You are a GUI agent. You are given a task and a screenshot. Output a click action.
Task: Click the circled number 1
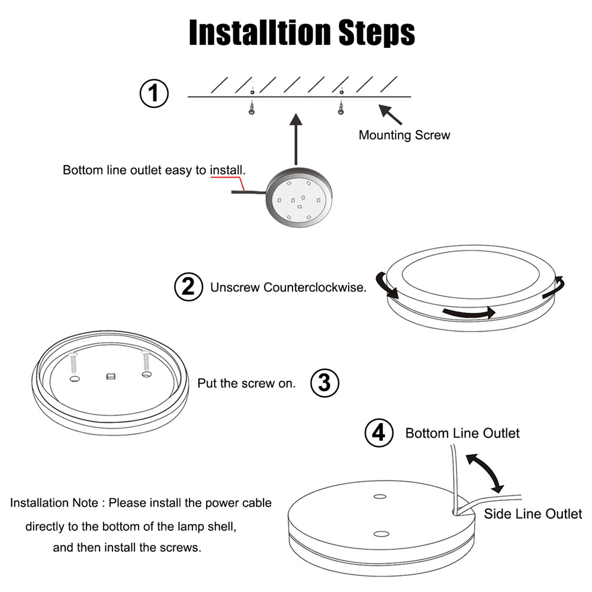point(154,95)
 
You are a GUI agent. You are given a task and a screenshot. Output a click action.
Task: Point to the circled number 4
point(378,433)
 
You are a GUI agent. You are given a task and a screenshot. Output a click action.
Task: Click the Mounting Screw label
point(404,135)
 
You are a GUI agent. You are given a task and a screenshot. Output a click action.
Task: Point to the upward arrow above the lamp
point(296,139)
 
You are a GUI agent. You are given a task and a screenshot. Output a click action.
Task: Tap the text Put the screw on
point(246,383)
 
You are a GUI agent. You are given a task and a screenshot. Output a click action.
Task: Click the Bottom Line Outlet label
point(462,433)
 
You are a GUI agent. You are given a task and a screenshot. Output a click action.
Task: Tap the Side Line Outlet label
point(533,513)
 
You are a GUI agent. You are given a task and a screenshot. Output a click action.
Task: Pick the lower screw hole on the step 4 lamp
point(381,534)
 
